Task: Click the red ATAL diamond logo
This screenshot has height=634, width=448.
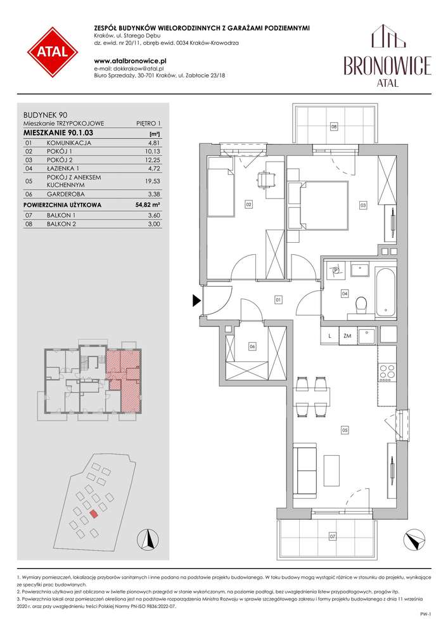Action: point(53,52)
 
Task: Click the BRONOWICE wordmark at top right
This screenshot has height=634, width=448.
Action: point(387,65)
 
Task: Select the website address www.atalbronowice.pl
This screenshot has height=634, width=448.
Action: point(131,61)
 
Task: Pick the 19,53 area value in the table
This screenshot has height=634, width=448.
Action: point(152,181)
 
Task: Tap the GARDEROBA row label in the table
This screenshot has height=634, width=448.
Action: point(66,194)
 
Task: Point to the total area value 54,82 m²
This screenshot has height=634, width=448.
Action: point(148,205)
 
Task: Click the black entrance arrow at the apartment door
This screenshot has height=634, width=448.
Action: point(196,301)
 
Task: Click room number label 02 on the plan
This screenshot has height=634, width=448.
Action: point(248,205)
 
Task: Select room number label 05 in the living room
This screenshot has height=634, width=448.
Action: point(345,430)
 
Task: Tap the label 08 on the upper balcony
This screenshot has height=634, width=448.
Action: point(334,126)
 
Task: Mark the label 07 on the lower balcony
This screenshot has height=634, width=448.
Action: point(332,536)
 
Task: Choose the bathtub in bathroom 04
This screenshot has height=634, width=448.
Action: point(385,291)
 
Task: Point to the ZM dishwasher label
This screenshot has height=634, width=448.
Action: point(347,335)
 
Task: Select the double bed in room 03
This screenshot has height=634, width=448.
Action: point(318,206)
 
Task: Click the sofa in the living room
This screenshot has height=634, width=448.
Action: point(305,470)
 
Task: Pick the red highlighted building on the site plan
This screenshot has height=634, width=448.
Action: point(93,514)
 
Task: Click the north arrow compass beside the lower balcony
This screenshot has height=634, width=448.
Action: point(414,540)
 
